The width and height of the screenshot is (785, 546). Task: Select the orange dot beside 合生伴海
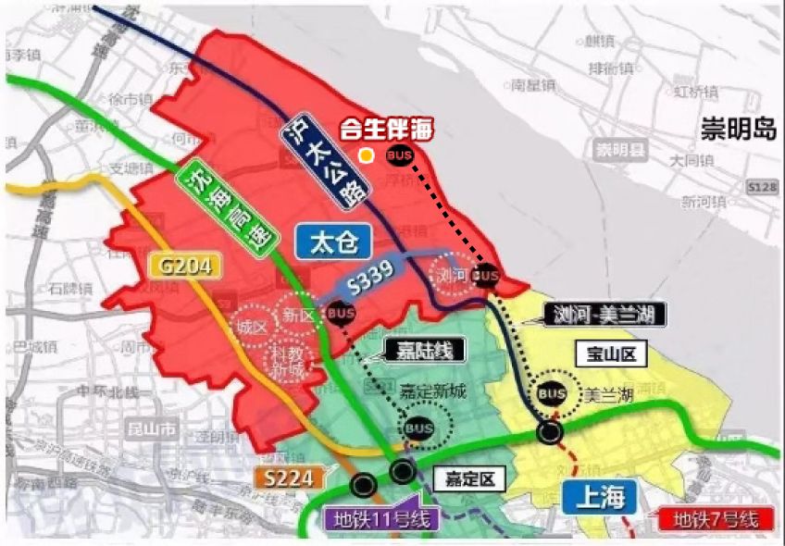tap(368, 155)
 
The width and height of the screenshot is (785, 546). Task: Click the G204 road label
tap(186, 267)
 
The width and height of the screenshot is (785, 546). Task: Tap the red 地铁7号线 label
tap(716, 519)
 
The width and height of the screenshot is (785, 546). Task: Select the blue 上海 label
tap(598, 498)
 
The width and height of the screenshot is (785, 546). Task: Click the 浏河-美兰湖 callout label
tap(605, 315)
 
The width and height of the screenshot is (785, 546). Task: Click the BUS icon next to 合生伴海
tap(400, 155)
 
